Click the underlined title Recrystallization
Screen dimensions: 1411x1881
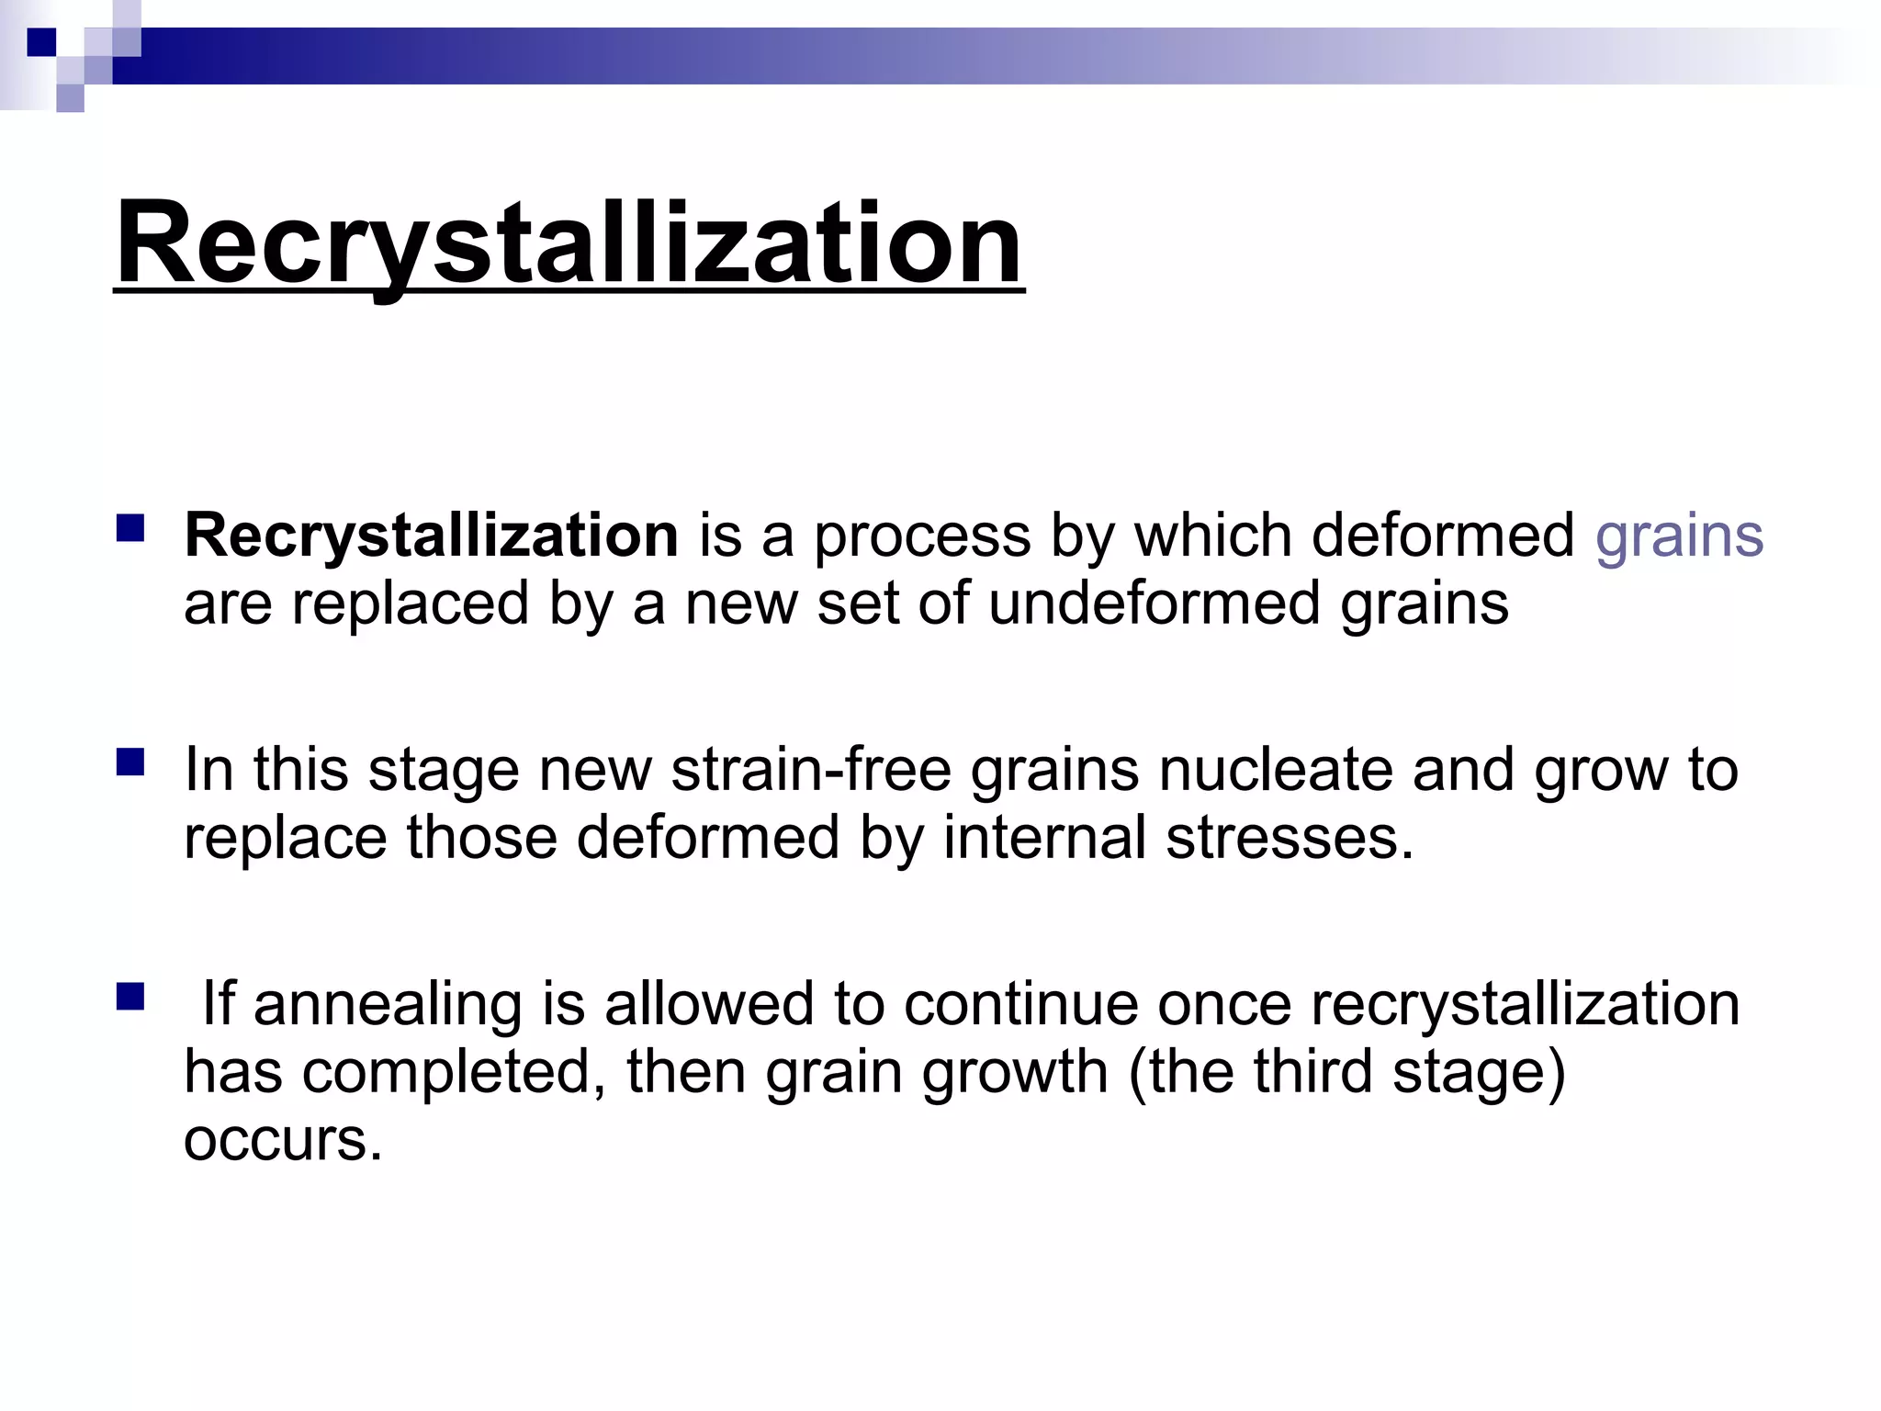[x=569, y=243]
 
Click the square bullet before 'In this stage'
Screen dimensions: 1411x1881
[x=130, y=762]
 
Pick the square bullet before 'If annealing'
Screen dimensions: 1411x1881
[x=130, y=997]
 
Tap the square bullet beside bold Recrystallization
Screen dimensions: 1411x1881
[x=130, y=528]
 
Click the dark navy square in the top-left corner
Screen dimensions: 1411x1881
[x=41, y=42]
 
